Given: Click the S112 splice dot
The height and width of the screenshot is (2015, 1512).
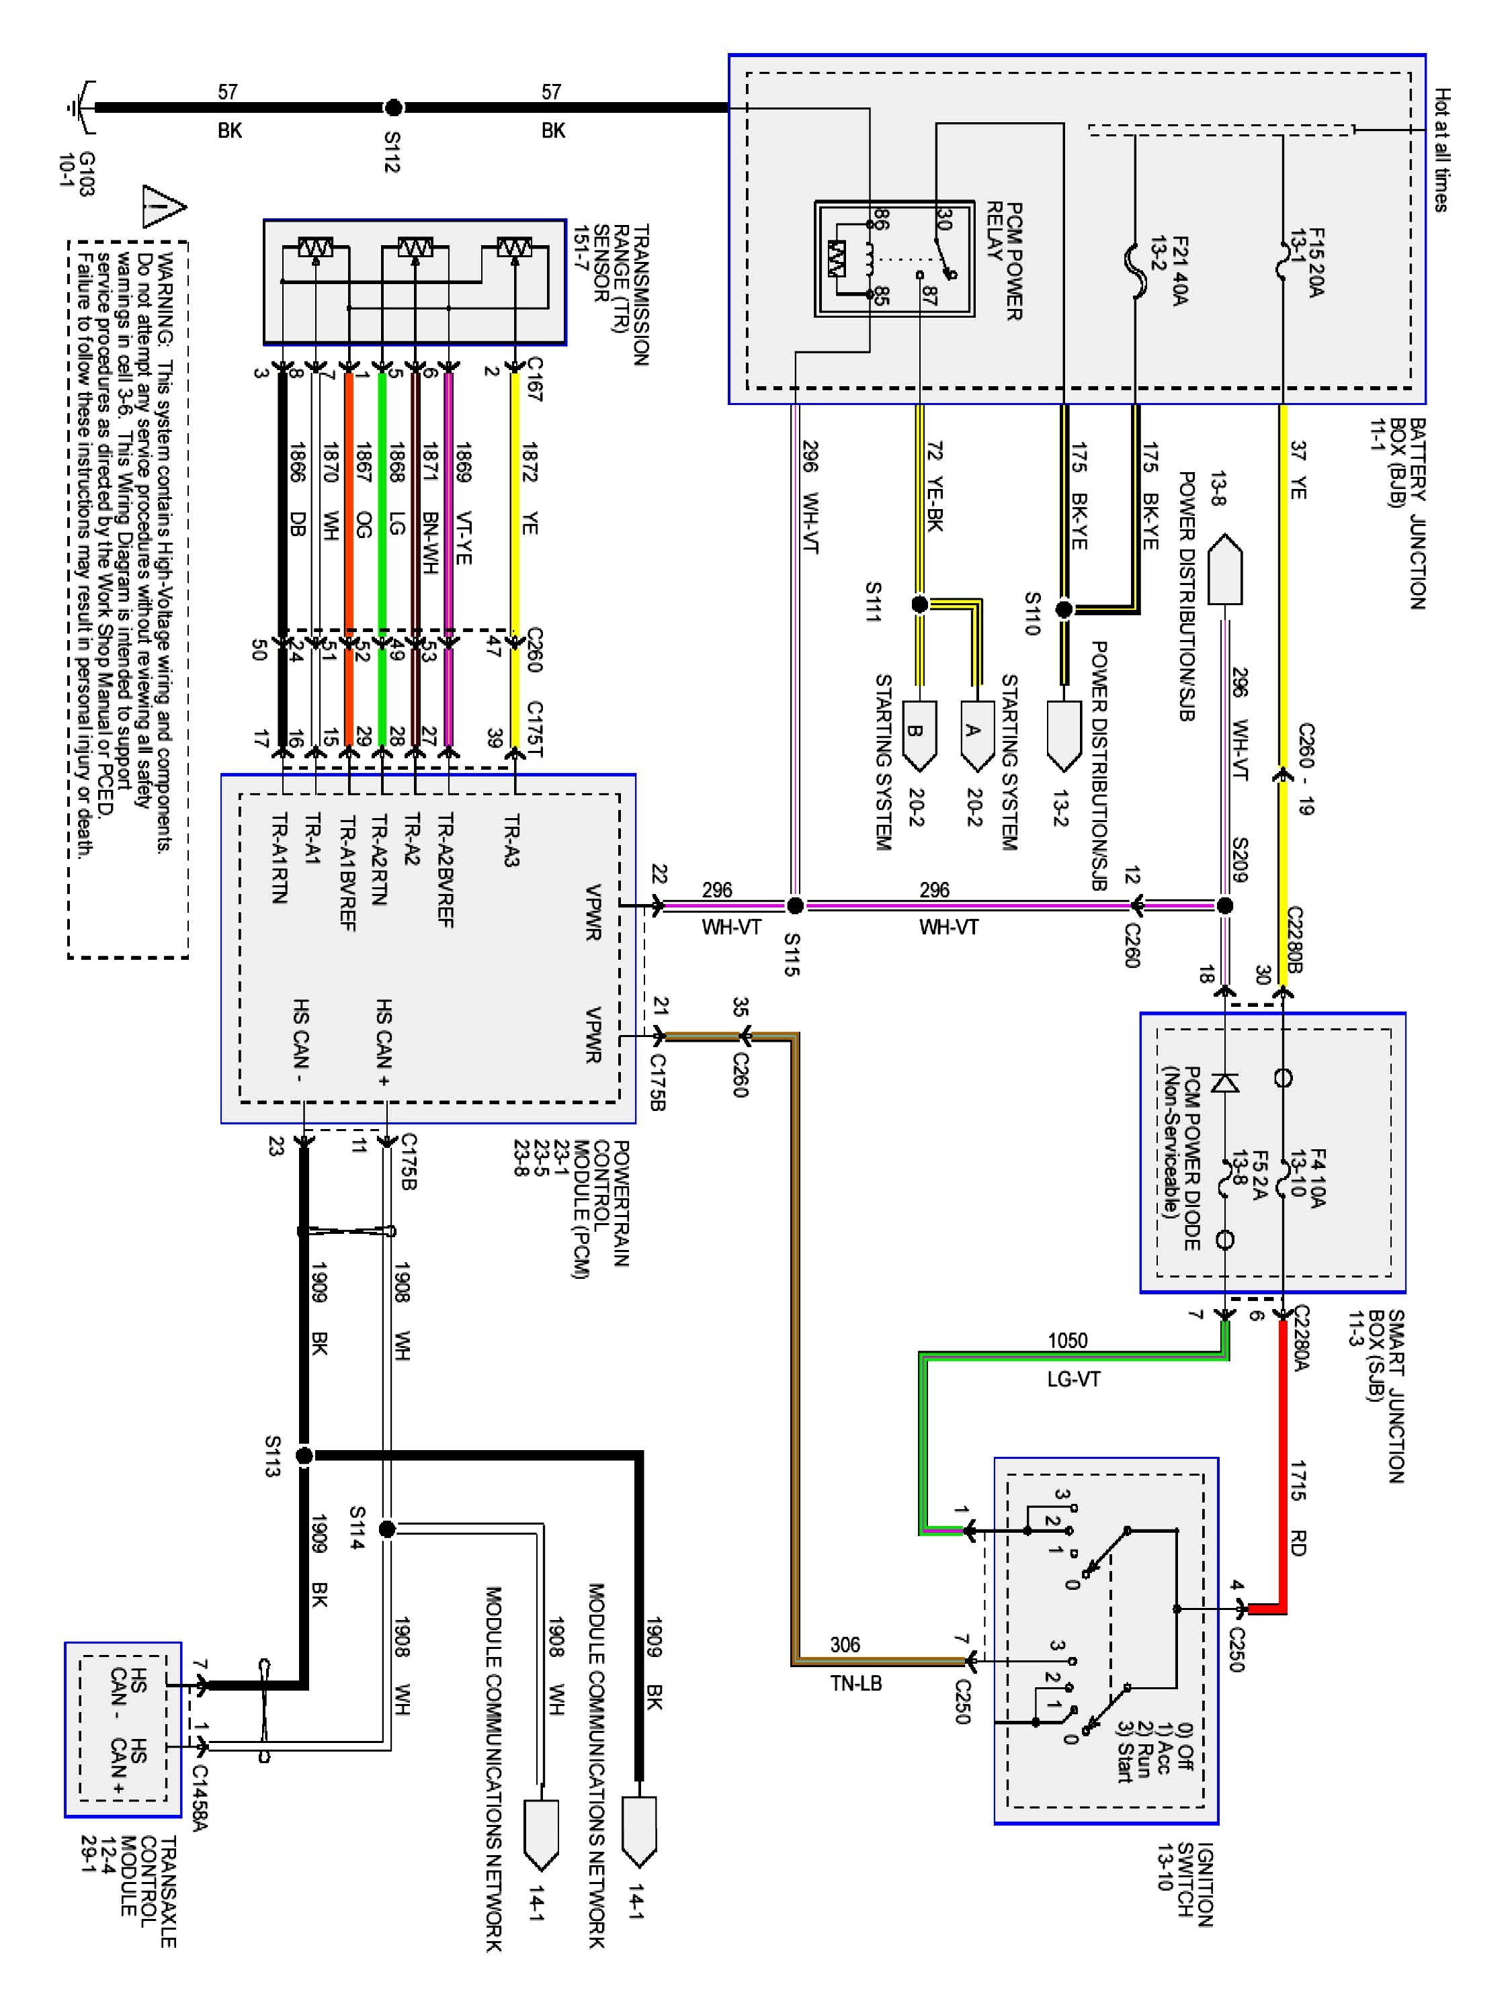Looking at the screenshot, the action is pyautogui.click(x=394, y=107).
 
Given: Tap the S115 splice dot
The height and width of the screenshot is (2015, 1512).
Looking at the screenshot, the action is pyautogui.click(x=795, y=905).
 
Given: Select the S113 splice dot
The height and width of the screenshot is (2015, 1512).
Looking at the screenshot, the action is pyautogui.click(x=304, y=1456).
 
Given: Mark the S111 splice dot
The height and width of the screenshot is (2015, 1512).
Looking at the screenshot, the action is pyautogui.click(x=919, y=604).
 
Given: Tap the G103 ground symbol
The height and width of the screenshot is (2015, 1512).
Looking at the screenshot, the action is pyautogui.click(x=80, y=107).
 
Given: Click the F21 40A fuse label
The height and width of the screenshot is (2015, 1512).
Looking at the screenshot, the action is pyautogui.click(x=1169, y=271).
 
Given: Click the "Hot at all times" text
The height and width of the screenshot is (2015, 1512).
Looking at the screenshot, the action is pyautogui.click(x=1441, y=150).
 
